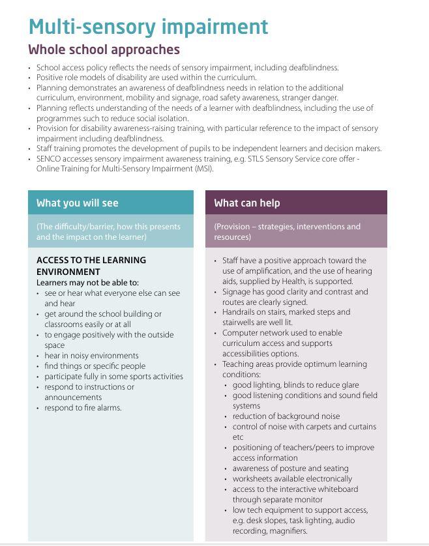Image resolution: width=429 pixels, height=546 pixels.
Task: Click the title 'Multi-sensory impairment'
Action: click(148, 27)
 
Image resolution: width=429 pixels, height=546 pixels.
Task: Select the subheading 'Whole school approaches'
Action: click(104, 50)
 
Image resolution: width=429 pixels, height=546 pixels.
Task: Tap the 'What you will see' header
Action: click(77, 203)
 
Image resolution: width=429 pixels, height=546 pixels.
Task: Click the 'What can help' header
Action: click(246, 203)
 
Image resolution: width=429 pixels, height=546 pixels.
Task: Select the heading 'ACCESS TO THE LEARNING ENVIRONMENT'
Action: click(91, 266)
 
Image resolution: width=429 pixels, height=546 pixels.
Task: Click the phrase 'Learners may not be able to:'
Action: click(87, 283)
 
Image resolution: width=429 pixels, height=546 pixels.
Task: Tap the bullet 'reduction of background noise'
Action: click(286, 416)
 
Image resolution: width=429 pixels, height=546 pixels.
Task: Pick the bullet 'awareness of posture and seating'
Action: click(290, 468)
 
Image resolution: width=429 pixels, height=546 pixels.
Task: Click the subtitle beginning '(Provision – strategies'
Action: click(287, 231)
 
